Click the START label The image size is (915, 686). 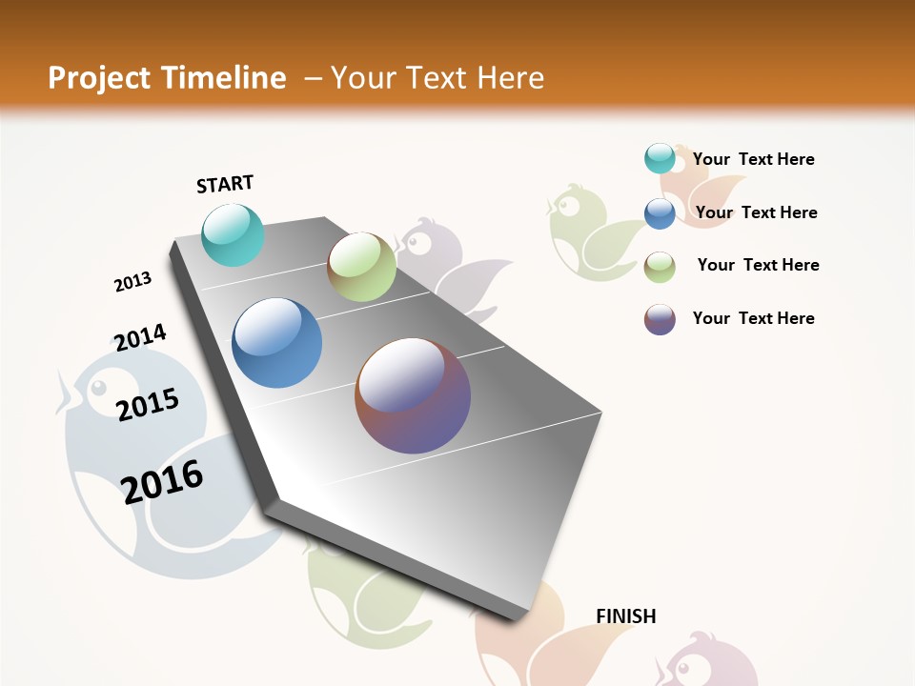[x=225, y=184]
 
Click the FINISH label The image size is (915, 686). [x=626, y=616]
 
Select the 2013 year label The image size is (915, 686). [x=132, y=282]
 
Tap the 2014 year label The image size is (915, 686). [x=140, y=338]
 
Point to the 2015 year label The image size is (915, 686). [x=148, y=405]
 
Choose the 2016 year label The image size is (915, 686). [x=162, y=482]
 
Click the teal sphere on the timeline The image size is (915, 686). [x=234, y=234]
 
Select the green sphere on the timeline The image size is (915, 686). [x=362, y=267]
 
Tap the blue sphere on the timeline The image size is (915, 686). [x=277, y=343]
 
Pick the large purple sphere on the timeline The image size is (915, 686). [x=413, y=395]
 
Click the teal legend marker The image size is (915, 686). [x=660, y=159]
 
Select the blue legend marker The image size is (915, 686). [x=660, y=213]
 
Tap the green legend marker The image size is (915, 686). [x=660, y=267]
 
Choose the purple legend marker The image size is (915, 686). [x=660, y=319]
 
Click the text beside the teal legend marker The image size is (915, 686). [x=753, y=160]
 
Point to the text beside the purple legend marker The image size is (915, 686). [x=753, y=318]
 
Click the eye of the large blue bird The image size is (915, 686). [x=97, y=388]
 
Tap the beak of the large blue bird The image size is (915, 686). [x=65, y=396]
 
